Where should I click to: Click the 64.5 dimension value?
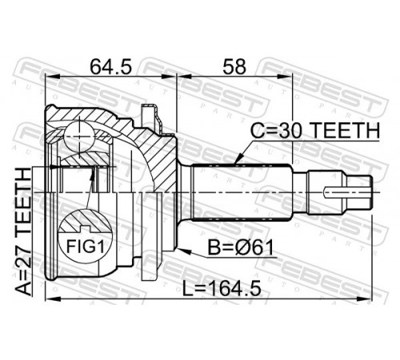[x=110, y=67]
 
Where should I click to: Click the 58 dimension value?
[x=234, y=67]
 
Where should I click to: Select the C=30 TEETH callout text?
[x=315, y=131]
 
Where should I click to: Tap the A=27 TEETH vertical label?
[x=23, y=231]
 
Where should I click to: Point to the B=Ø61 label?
[x=241, y=247]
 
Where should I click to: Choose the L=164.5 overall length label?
[x=222, y=289]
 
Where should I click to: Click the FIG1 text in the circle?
[x=85, y=246]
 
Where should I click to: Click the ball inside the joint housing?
[x=80, y=137]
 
